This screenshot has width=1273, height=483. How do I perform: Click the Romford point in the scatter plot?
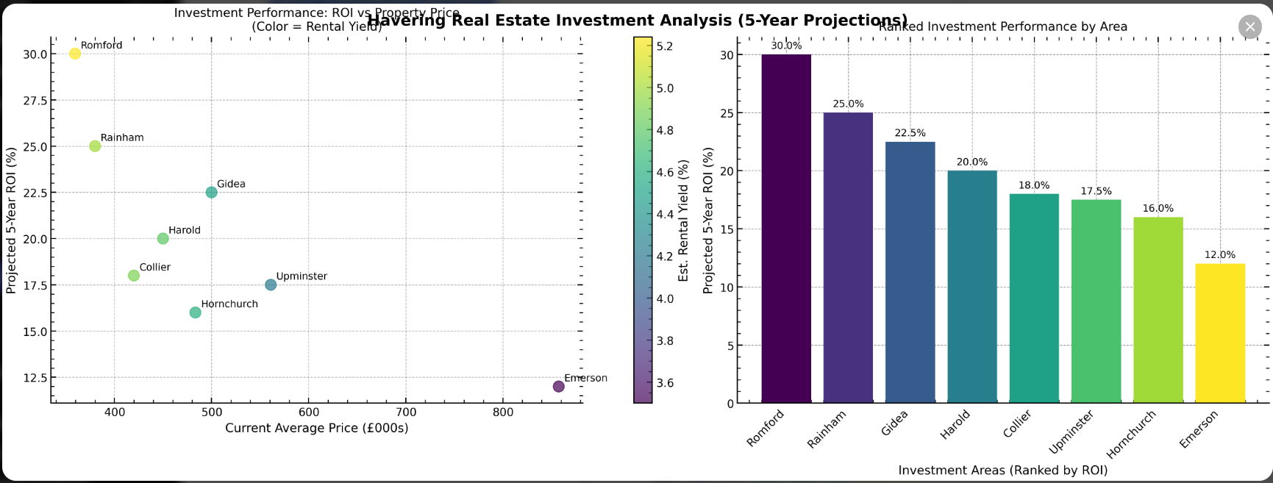75,54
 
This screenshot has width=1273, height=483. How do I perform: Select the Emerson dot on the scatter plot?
558,387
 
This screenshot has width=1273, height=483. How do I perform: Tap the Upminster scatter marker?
271,285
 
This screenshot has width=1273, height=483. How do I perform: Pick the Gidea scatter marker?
212,193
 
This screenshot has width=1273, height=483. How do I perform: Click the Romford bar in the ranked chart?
786,228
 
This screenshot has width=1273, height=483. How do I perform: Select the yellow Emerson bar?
1220,333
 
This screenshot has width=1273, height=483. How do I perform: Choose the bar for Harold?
972,287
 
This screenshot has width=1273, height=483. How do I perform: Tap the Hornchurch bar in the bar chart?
1158,310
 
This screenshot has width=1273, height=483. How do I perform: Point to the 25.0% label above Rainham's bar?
848,104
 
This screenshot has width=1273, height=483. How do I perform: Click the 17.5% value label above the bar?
1096,191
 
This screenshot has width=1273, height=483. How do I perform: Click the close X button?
1249,26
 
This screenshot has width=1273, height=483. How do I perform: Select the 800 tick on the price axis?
503,412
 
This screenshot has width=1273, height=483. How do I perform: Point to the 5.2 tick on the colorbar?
665,46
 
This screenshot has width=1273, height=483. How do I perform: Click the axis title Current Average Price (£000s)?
316,428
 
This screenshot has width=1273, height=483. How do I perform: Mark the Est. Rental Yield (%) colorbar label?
684,221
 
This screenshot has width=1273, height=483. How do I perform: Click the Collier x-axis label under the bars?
1018,424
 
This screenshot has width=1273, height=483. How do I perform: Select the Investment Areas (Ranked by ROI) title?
1002,471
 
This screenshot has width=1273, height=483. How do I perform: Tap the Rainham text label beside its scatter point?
122,137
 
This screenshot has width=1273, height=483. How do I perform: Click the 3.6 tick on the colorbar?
665,383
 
